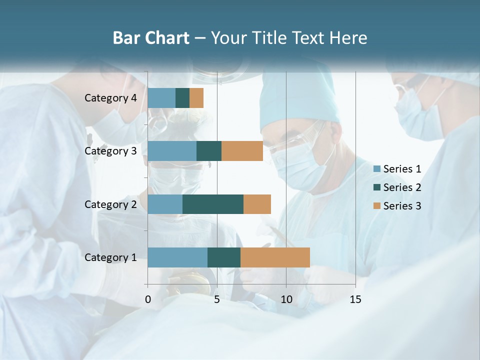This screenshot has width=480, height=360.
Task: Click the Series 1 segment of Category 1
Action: (x=177, y=257)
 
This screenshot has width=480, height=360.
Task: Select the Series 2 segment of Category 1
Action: (x=224, y=257)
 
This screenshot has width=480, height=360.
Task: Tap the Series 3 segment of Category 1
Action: (x=275, y=257)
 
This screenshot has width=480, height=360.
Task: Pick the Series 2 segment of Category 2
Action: (x=213, y=204)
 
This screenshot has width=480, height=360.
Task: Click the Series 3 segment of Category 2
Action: (x=257, y=204)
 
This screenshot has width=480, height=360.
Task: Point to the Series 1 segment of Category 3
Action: (x=172, y=151)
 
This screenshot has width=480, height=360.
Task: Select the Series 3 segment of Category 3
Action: (x=242, y=151)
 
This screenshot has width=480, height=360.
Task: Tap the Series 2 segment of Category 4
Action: (x=182, y=98)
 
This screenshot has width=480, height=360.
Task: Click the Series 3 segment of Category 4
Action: (x=196, y=98)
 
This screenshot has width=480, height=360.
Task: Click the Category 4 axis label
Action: (x=110, y=98)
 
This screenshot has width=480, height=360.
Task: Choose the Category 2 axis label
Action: (x=110, y=204)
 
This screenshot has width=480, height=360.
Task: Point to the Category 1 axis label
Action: (x=110, y=257)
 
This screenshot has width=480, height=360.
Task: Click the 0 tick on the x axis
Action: (x=148, y=299)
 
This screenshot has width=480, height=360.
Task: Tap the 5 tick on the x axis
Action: (x=217, y=299)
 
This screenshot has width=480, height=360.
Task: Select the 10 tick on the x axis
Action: (x=286, y=299)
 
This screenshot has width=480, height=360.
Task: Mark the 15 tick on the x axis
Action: (x=355, y=299)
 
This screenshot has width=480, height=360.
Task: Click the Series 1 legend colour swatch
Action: (x=377, y=169)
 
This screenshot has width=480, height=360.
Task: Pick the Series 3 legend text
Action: (x=402, y=205)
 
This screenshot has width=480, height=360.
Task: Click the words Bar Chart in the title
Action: (x=151, y=38)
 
